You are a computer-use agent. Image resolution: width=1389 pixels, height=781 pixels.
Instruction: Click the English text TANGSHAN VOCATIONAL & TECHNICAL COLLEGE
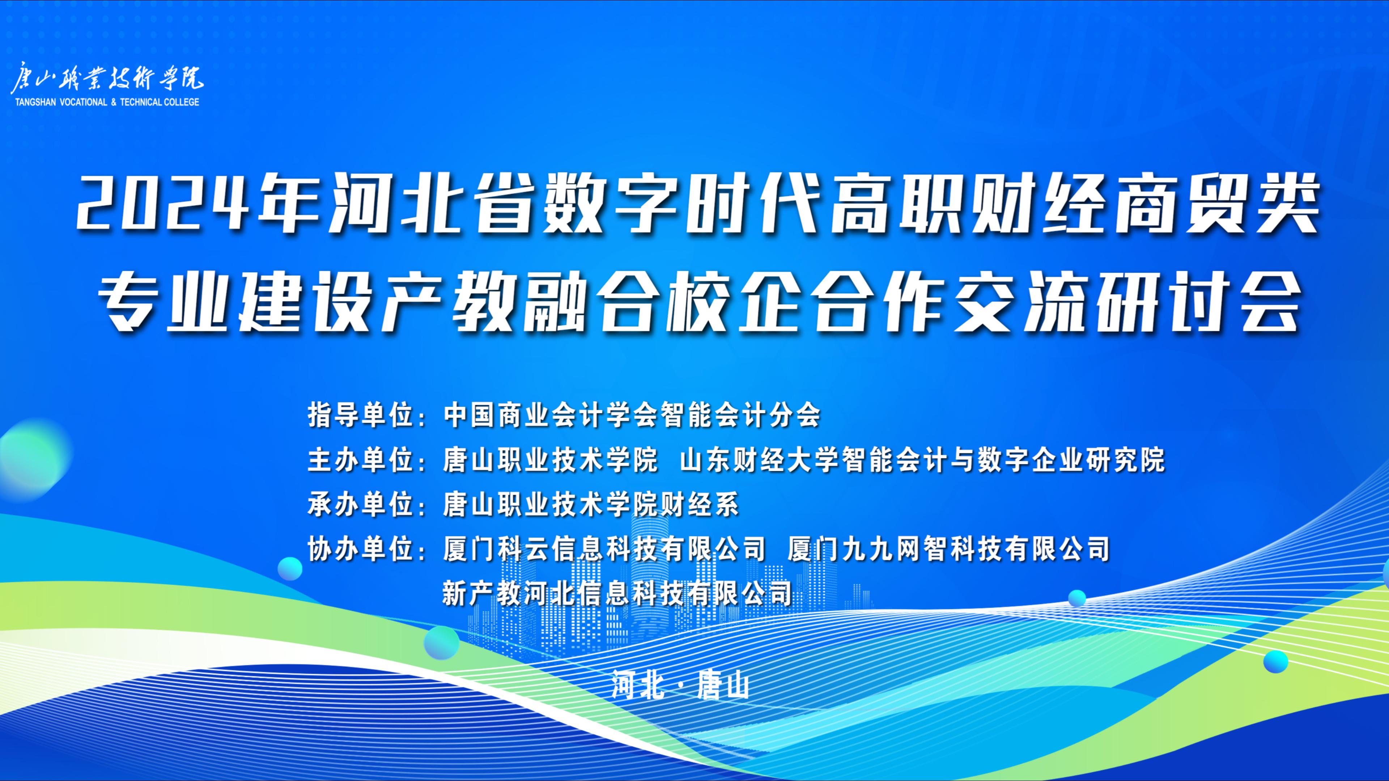point(106,102)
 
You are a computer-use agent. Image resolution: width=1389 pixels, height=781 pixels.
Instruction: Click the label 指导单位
point(360,415)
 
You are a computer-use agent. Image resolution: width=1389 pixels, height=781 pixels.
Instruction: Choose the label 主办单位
point(360,460)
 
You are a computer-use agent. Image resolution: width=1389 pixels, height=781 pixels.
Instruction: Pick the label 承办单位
point(360,505)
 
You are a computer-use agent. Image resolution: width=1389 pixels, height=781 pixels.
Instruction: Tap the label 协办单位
point(360,550)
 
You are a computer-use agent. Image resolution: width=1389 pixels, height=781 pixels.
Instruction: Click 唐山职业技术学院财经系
point(590,505)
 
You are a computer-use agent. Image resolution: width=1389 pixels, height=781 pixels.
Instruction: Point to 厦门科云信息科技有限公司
point(604,550)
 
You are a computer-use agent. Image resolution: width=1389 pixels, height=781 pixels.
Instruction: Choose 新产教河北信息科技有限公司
point(617,593)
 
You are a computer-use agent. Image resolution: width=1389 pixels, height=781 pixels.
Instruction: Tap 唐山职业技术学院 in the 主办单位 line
point(550,460)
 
